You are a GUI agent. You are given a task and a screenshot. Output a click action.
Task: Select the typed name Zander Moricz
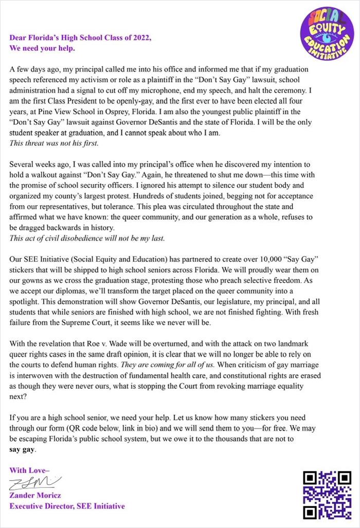point(35,496)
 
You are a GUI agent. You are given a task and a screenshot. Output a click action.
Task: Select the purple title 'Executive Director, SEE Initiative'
point(67,506)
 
